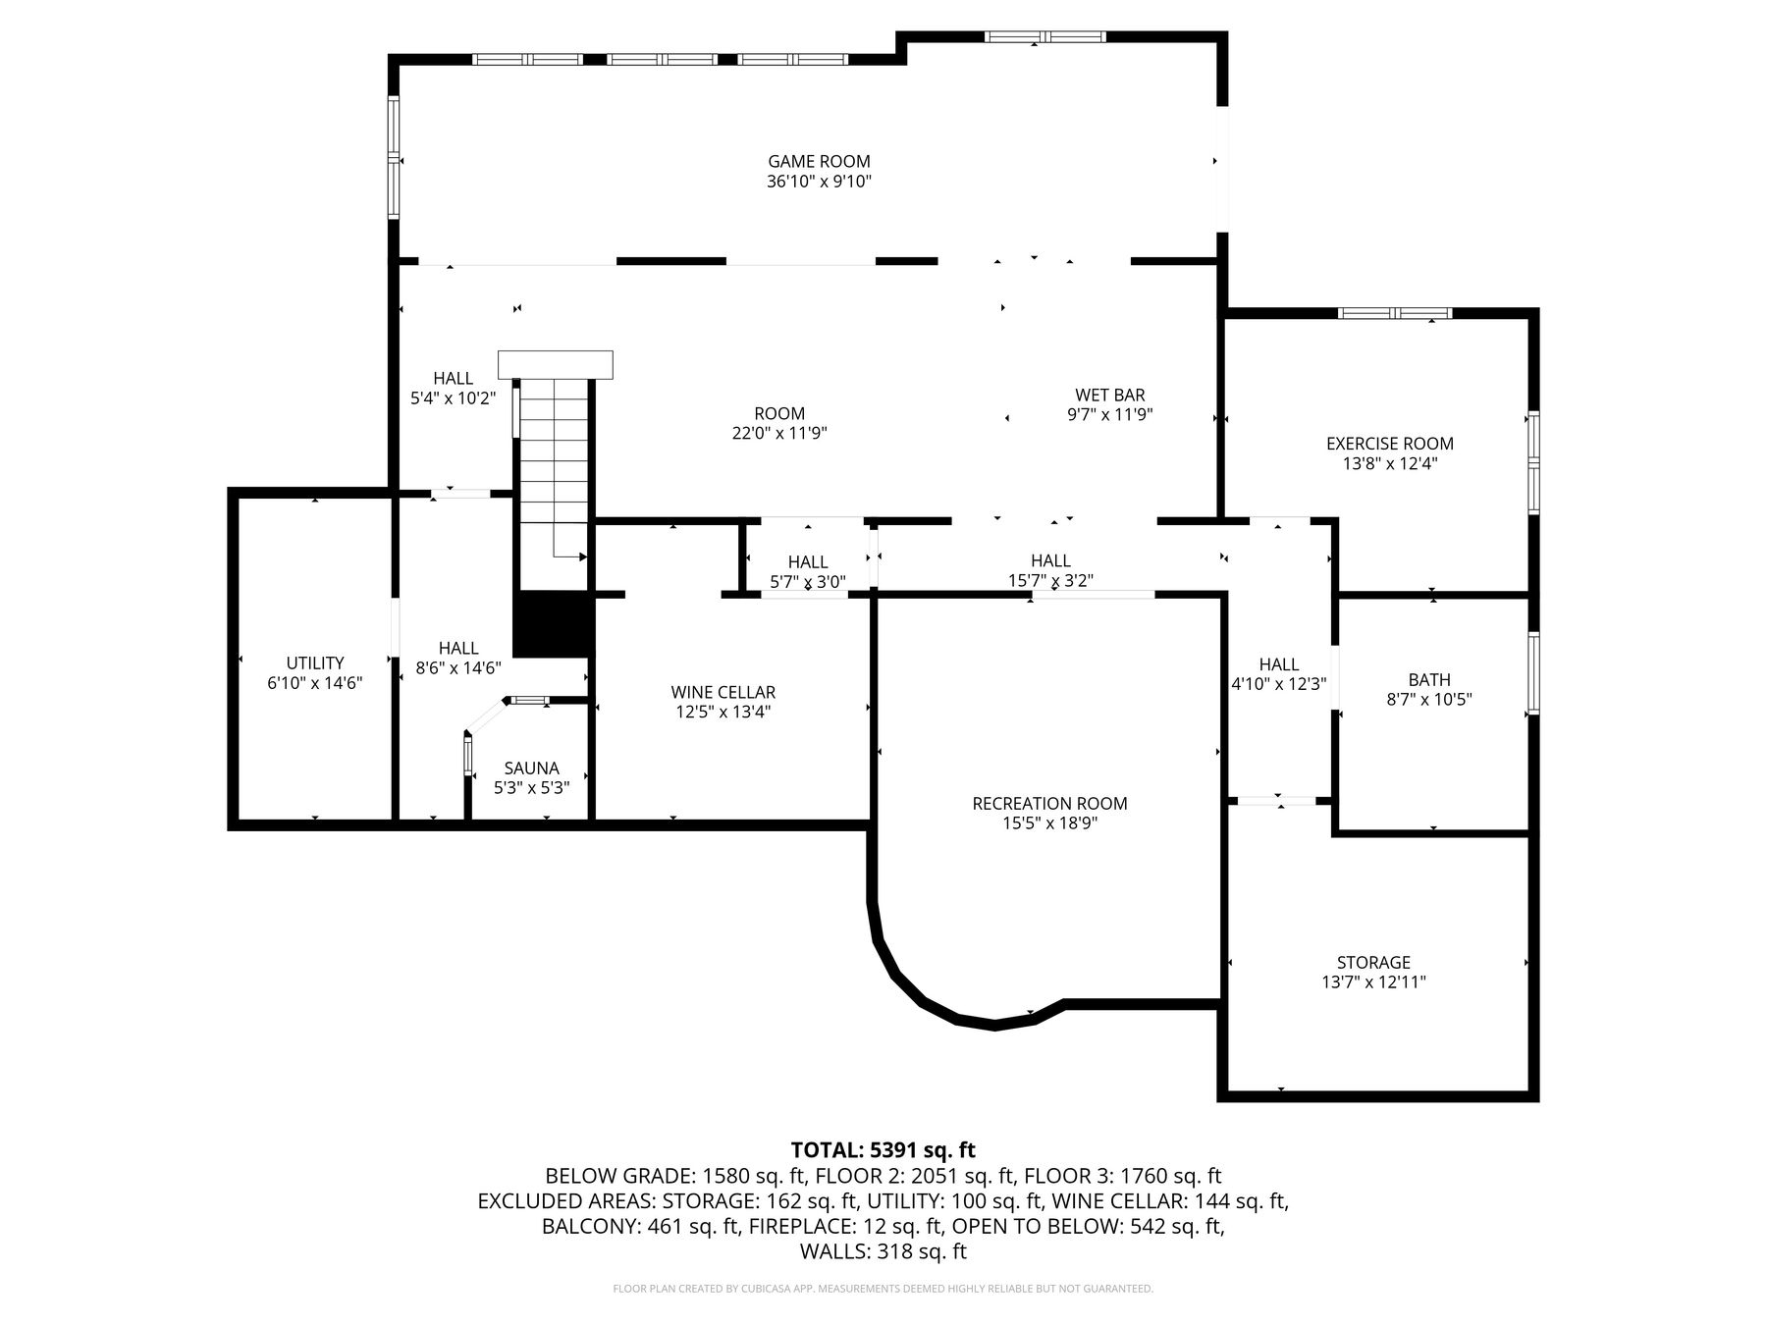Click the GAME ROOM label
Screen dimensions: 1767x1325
[819, 161]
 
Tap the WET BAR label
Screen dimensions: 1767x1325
[1109, 395]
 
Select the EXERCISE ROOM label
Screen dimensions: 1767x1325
[1389, 444]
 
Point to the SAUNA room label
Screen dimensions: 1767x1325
[531, 768]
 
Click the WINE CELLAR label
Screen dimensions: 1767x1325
[723, 692]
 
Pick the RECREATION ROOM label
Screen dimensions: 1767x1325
[1049, 804]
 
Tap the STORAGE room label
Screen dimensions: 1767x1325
[1373, 963]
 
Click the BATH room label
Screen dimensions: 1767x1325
[1428, 679]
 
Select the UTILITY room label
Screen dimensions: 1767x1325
[315, 662]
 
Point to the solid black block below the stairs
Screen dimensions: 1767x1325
[554, 624]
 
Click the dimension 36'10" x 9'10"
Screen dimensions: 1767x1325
[819, 182]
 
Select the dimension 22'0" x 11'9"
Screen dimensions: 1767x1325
[779, 433]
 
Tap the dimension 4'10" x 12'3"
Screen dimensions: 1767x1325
[1278, 684]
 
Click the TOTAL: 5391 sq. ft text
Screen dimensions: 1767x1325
[883, 1149]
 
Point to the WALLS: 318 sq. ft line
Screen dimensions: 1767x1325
[883, 1251]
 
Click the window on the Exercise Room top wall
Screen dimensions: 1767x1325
[1395, 313]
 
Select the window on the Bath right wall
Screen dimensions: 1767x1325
[1532, 672]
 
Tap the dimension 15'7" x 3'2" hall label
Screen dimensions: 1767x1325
[1050, 581]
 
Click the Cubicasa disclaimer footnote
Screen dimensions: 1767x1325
[883, 1289]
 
